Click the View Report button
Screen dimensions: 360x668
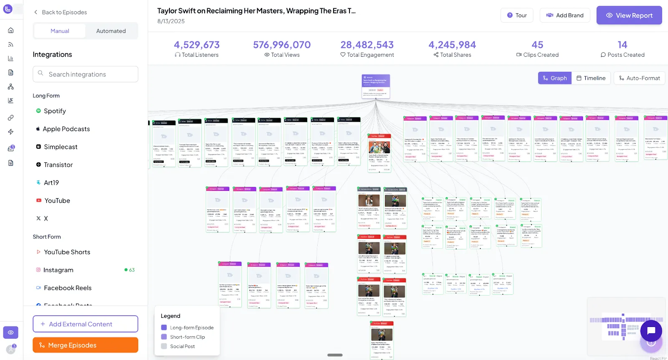[x=629, y=15]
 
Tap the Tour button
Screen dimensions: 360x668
[x=516, y=15]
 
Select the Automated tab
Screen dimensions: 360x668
[x=111, y=31]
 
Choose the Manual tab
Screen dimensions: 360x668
[x=60, y=31]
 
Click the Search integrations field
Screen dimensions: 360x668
[x=85, y=74]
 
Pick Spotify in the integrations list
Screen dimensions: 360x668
[x=55, y=111]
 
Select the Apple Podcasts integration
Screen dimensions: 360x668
[x=66, y=129]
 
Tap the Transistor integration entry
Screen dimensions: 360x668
[x=58, y=165]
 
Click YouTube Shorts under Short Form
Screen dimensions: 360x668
[x=67, y=252]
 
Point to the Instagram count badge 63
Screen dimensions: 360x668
[x=130, y=270]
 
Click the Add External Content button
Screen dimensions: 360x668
[x=85, y=324]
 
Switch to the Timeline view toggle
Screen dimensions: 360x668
[x=591, y=78]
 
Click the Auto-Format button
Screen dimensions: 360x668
[x=639, y=78]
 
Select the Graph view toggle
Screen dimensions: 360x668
[x=554, y=78]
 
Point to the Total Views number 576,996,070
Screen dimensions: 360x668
[x=282, y=45]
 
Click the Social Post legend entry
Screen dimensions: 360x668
[x=182, y=346]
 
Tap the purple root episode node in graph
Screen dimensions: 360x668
[x=376, y=86]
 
